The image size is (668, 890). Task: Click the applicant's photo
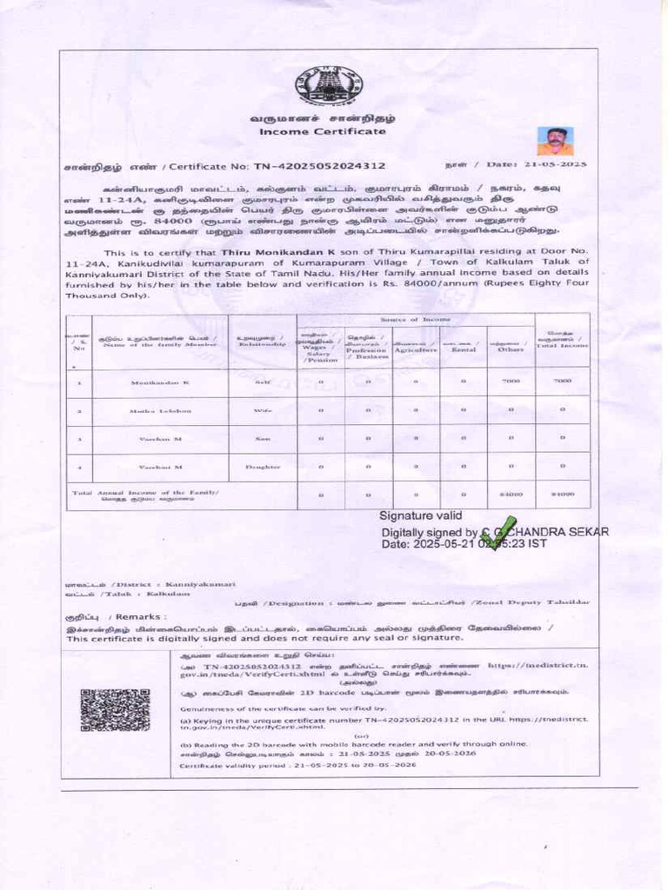[x=555, y=142]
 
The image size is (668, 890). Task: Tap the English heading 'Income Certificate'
[x=322, y=130]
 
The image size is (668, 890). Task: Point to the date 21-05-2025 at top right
[x=553, y=163]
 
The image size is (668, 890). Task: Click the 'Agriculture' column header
[x=415, y=349]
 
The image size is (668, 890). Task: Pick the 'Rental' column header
[x=463, y=349]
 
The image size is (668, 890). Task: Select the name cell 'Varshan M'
[x=160, y=440]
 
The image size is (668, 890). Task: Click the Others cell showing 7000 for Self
[x=511, y=382]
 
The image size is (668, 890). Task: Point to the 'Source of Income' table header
[x=416, y=321]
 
